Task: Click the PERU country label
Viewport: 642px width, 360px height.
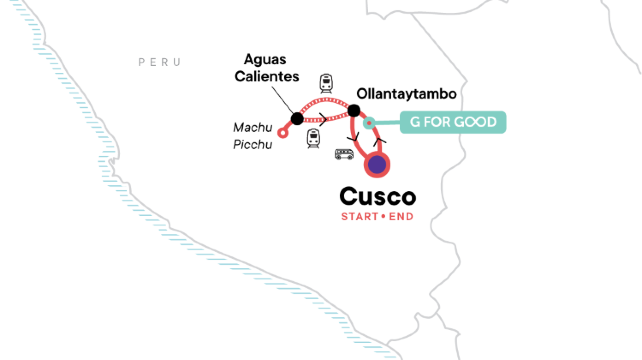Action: click(160, 62)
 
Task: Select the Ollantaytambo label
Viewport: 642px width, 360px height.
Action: click(407, 93)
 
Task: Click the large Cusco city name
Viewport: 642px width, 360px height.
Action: click(377, 196)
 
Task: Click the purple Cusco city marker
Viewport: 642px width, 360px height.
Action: click(378, 164)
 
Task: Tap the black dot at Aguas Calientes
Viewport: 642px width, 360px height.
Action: click(296, 119)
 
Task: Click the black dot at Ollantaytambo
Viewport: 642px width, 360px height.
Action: click(353, 110)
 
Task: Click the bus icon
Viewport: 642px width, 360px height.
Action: click(344, 154)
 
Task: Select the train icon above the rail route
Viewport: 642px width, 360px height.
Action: click(326, 84)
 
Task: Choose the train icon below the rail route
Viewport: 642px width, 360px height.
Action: click(314, 137)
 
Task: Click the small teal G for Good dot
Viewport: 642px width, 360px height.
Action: click(369, 123)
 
